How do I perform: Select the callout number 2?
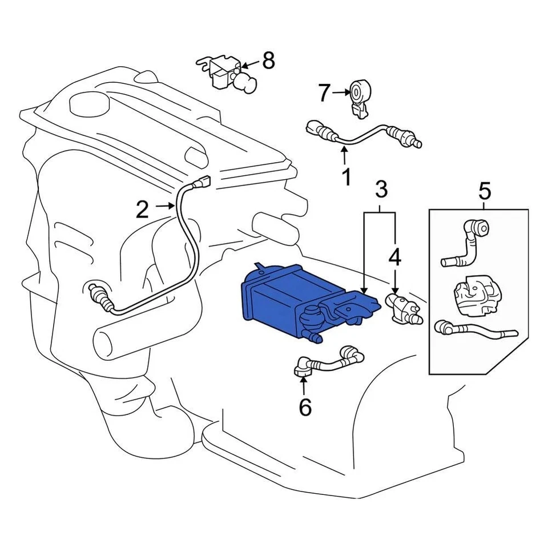142,210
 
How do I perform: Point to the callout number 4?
395,258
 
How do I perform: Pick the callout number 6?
305,406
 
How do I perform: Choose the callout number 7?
324,92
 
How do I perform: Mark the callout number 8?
268,59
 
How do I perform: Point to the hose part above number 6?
328,360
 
